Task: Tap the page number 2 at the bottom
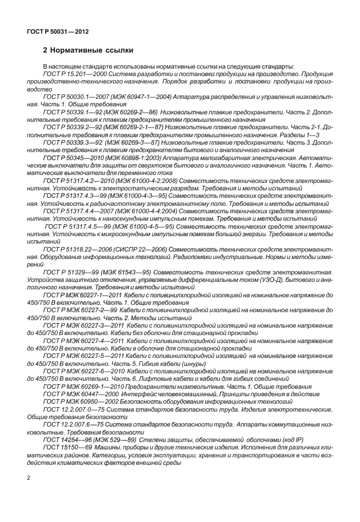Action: pos(29,477)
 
